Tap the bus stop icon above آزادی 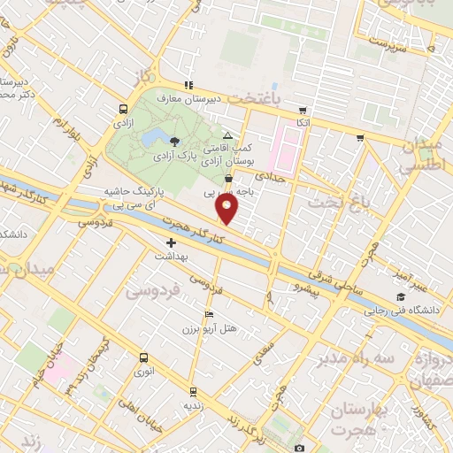(x=121, y=110)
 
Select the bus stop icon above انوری (x=143, y=358)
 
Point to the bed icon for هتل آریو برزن (x=209, y=315)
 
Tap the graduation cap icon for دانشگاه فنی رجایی (x=401, y=296)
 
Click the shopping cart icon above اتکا (x=303, y=111)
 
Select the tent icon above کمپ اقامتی (x=228, y=136)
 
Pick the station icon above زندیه (x=193, y=390)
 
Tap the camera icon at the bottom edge (x=299, y=448)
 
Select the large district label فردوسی (x=152, y=289)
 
